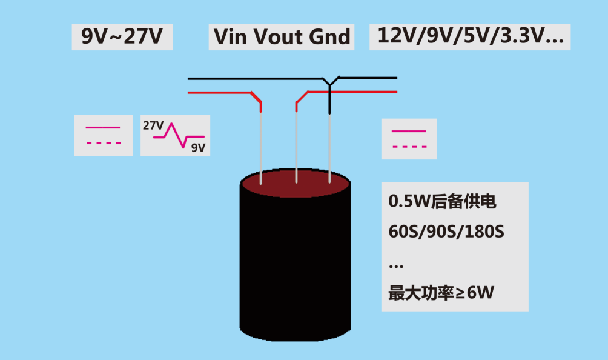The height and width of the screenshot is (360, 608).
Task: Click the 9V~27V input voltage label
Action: coord(122,37)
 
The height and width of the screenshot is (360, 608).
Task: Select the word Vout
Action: coord(277,37)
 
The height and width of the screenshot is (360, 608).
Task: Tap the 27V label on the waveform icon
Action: coord(153,126)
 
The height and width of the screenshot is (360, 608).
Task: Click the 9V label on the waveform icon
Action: coord(197,147)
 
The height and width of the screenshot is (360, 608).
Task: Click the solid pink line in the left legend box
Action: coord(103,128)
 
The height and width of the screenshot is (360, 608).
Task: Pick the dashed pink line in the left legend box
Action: coord(103,144)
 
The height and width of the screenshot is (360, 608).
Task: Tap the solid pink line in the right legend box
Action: coord(409,131)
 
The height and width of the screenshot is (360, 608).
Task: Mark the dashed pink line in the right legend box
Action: coord(409,147)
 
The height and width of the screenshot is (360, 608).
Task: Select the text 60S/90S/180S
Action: coord(446,232)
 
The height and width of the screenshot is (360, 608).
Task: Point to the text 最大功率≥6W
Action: coord(441,293)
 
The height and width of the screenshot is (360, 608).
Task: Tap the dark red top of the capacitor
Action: coord(296,185)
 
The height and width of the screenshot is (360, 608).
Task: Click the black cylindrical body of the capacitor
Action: coord(296,267)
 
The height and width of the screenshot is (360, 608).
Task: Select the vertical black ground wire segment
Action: coord(329,101)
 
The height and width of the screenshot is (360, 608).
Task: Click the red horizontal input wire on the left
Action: coord(218,93)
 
